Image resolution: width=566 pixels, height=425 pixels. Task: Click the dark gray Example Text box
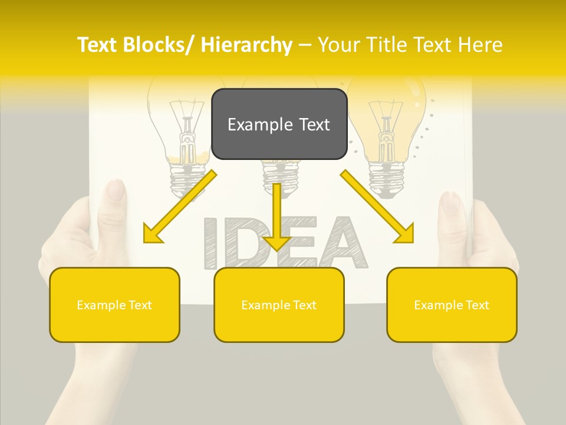tap(279, 124)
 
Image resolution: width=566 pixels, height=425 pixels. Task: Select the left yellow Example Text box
tap(114, 305)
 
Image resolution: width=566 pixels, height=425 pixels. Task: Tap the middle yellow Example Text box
tap(279, 305)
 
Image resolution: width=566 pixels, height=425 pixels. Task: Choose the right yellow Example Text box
tap(452, 305)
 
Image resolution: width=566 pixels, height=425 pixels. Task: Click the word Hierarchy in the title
tap(246, 45)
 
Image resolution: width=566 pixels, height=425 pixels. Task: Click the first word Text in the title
tap(98, 45)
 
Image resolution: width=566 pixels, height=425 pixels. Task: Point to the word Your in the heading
tap(339, 45)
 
